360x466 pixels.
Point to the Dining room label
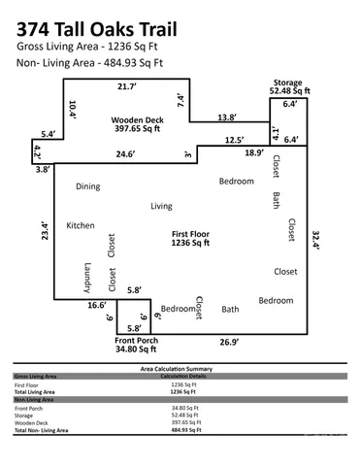click(88, 185)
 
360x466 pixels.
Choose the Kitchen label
click(80, 225)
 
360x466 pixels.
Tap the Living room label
click(161, 206)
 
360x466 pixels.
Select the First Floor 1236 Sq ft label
click(192, 239)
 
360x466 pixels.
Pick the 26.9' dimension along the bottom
click(230, 342)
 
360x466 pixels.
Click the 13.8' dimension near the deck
click(226, 116)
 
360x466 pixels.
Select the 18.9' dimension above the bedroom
click(252, 152)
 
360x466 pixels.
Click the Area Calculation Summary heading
click(180, 370)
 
